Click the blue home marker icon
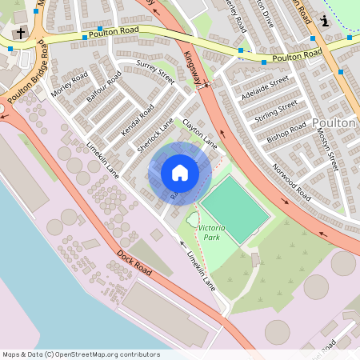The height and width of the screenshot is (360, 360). (x=180, y=173)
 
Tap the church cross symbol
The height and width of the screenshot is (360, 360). (x=18, y=33)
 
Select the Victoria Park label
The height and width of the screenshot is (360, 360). (x=211, y=233)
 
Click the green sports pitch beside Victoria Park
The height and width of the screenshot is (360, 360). (x=235, y=203)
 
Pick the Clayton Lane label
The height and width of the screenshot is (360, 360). (x=200, y=133)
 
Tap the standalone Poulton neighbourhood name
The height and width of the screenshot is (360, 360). (x=335, y=122)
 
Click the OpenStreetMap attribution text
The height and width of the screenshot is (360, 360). (x=81, y=354)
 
